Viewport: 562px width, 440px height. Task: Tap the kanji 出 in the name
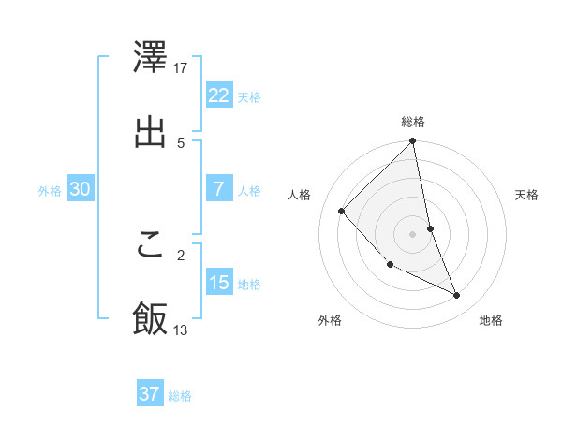click(x=150, y=132)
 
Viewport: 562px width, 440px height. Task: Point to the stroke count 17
click(x=182, y=67)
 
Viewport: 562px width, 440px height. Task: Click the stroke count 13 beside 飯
click(x=181, y=330)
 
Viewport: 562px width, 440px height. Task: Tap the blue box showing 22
click(x=218, y=95)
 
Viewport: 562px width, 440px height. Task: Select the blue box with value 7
click(x=218, y=189)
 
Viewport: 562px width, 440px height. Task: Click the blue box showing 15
click(x=218, y=283)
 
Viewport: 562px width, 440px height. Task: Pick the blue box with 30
click(x=80, y=189)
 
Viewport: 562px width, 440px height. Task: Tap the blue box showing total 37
click(x=149, y=394)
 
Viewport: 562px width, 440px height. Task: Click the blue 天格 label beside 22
click(x=249, y=96)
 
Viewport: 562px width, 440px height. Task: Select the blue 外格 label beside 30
click(x=50, y=190)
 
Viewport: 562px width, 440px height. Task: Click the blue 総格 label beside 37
click(x=180, y=395)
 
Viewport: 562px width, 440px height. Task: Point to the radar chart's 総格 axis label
click(x=413, y=122)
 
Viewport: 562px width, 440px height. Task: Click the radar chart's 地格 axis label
click(x=491, y=320)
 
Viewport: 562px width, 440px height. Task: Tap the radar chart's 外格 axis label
click(x=330, y=320)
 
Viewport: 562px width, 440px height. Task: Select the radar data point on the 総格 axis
click(x=413, y=142)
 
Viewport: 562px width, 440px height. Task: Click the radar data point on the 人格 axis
click(x=342, y=211)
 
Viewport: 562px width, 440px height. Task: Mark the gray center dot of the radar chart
click(x=413, y=233)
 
